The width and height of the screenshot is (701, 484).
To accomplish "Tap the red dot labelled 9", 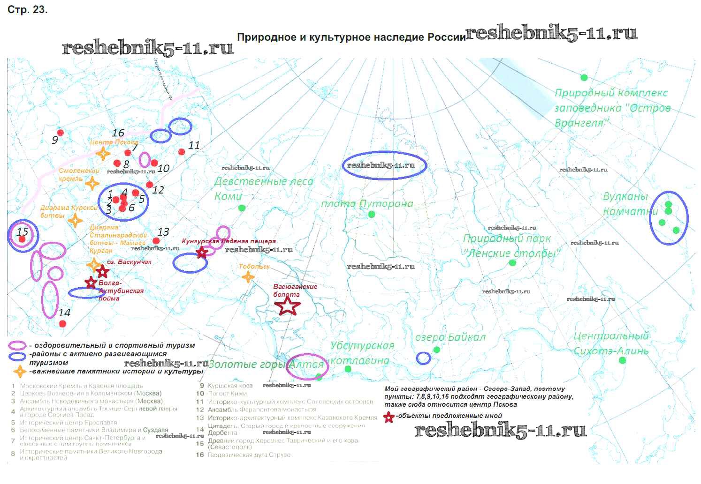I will tap(60, 133).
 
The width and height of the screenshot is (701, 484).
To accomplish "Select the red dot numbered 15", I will tap(22, 239).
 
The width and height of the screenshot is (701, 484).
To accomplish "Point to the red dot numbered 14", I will tap(62, 324).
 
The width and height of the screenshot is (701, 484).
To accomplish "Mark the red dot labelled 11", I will tap(182, 151).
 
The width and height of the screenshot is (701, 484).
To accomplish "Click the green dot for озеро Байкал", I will tap(437, 350).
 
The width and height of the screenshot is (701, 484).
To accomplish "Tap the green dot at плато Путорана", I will tap(372, 214).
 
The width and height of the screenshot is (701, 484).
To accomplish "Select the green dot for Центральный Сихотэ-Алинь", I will tap(622, 360).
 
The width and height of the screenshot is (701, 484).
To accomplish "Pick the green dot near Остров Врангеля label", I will tap(584, 77).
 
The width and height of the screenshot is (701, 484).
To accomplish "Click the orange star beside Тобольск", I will tap(248, 277).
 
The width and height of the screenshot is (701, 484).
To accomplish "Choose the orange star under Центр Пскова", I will tap(103, 153).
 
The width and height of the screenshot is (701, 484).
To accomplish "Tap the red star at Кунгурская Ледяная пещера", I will tap(202, 253).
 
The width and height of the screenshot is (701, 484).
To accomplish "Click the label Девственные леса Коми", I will tap(263, 188).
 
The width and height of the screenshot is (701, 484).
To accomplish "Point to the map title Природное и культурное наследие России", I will tap(351, 37).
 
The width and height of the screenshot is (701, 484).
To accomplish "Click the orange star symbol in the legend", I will tap(19, 372).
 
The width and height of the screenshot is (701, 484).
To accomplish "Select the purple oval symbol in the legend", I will tap(17, 346).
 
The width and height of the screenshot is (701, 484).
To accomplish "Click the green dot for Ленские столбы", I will tap(512, 263).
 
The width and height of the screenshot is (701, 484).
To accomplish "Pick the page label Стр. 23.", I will tap(27, 9).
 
